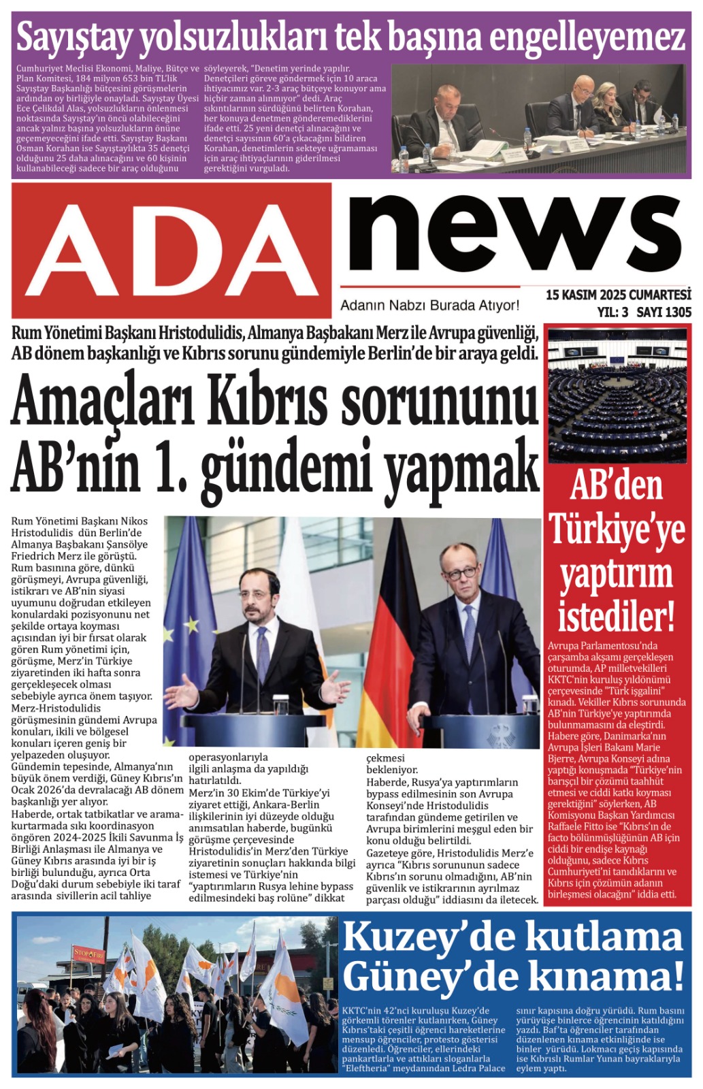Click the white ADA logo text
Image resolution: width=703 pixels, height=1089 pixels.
pyautogui.click(x=171, y=249)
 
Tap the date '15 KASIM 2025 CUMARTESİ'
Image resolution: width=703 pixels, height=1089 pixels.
pyautogui.click(x=618, y=295)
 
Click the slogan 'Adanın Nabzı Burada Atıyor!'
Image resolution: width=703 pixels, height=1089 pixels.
pyautogui.click(x=429, y=306)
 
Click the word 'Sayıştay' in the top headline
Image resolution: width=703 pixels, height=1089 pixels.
pyautogui.click(x=73, y=37)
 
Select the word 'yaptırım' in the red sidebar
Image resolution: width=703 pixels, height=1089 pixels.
pyautogui.click(x=617, y=573)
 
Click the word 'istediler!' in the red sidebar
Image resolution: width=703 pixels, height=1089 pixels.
pyautogui.click(x=617, y=616)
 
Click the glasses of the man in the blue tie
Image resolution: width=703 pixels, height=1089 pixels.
pyautogui.click(x=461, y=572)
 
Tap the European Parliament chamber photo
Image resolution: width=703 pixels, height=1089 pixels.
pyautogui.click(x=617, y=395)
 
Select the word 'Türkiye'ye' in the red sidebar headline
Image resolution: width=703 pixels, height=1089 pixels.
pyautogui.click(x=617, y=530)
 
